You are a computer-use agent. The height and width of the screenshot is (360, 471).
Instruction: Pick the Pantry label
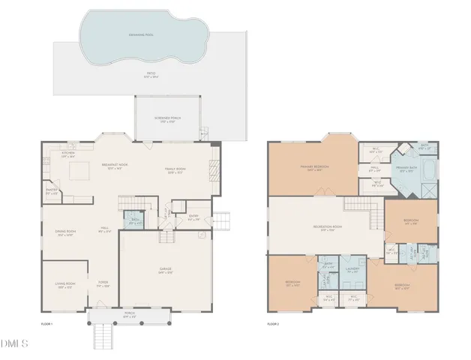click(x=50, y=193)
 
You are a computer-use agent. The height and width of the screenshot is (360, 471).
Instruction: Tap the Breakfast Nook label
click(x=114, y=166)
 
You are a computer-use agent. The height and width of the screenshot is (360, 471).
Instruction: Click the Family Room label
click(x=175, y=170)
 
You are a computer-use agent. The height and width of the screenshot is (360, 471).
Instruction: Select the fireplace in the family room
click(x=216, y=168)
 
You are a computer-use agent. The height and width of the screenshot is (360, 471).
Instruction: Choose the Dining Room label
click(x=65, y=233)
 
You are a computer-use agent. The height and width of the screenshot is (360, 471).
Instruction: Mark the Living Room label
click(x=64, y=286)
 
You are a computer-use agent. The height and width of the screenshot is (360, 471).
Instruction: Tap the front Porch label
click(x=129, y=316)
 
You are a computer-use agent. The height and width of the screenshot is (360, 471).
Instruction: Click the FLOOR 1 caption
click(x=46, y=324)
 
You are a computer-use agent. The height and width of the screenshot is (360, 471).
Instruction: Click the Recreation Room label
click(x=328, y=229)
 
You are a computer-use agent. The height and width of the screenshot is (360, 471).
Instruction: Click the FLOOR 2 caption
click(x=273, y=324)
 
